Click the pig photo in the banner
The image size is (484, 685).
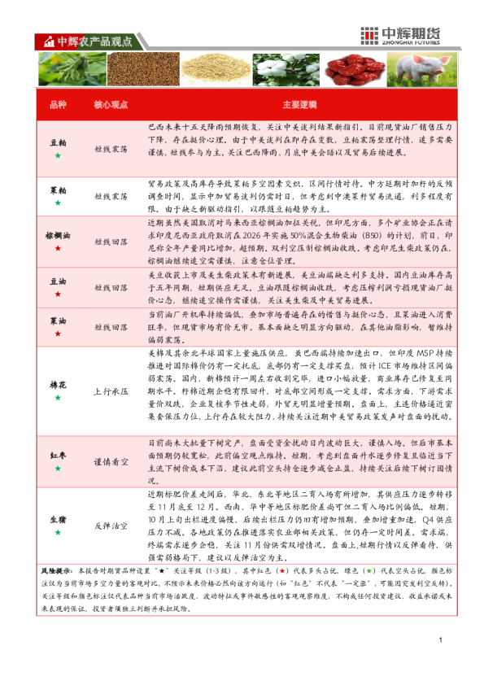(x=422, y=69)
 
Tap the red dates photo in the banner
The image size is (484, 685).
(x=359, y=69)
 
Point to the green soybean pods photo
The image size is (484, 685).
(x=71, y=69)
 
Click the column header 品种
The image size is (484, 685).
(x=58, y=106)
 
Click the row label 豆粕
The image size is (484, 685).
(x=58, y=142)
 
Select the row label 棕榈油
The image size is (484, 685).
(x=58, y=234)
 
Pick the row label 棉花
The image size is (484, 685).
(x=58, y=385)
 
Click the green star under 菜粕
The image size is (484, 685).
(x=58, y=201)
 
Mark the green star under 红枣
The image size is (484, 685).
(x=58, y=469)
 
